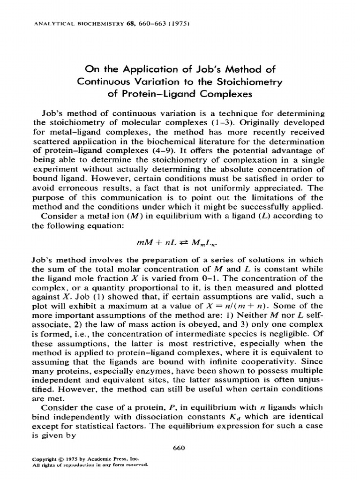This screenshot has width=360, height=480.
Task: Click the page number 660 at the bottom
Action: tap(180, 448)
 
